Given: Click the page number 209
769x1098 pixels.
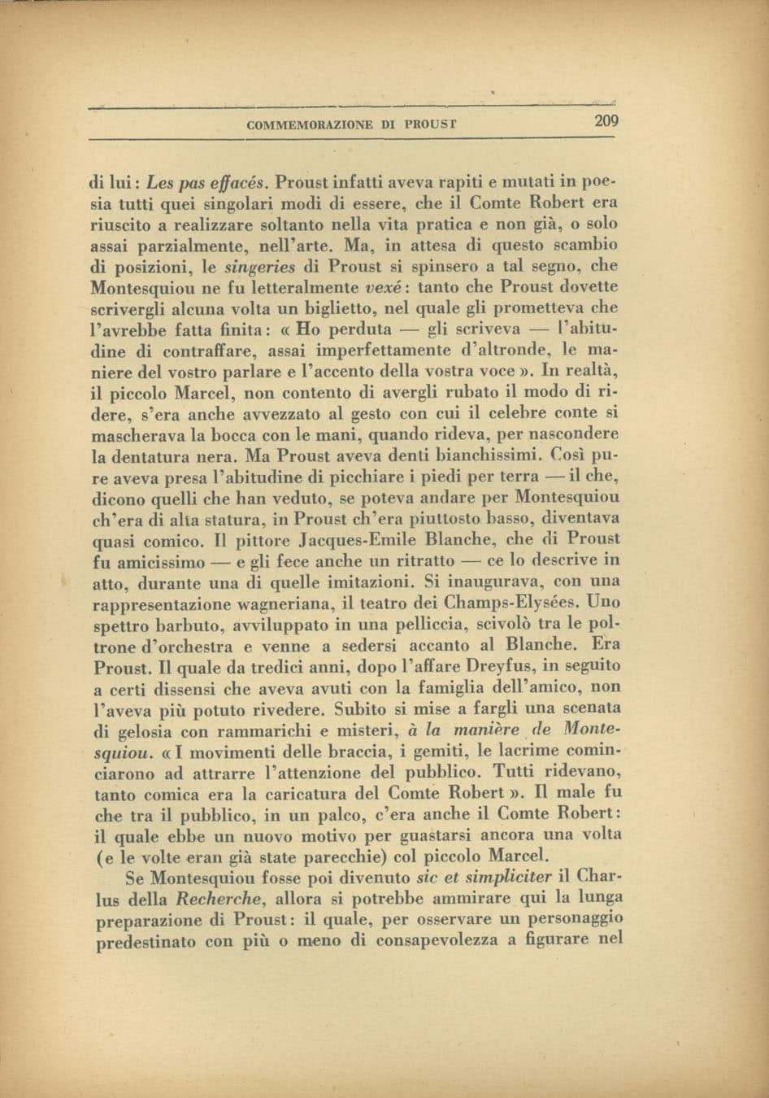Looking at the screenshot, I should (606, 122).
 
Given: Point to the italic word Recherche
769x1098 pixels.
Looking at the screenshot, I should (219, 900).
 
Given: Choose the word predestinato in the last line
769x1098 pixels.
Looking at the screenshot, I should (146, 943).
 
